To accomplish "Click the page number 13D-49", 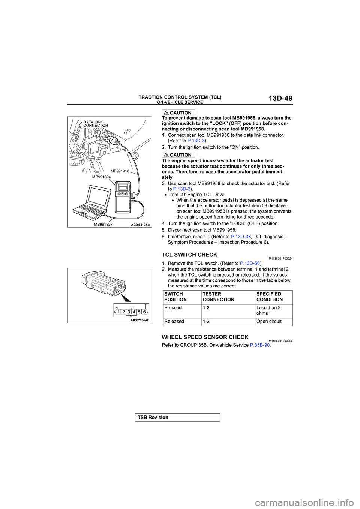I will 280,98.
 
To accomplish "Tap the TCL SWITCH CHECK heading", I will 189,255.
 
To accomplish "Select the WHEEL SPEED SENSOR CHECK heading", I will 205,337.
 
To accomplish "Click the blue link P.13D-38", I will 241,237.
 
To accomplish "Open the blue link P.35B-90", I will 259,345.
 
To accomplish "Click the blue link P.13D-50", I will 250,263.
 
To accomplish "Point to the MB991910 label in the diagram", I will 120,171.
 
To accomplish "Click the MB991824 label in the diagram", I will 101,177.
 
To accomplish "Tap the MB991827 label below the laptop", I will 103,225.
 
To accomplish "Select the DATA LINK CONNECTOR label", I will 95,124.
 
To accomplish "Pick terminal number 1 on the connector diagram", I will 118,312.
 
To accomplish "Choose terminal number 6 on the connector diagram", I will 144,312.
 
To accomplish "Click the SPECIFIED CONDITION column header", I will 269,297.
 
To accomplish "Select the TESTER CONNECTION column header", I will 218,297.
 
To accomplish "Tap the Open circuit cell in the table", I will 269,322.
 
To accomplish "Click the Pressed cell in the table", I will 173,308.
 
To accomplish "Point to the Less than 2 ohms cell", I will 268,310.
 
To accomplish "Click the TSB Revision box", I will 177,418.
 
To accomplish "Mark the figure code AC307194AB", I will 140,320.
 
